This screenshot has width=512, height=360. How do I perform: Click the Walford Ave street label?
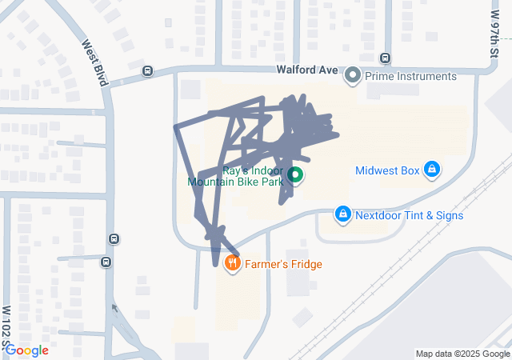pyautogui.click(x=307, y=70)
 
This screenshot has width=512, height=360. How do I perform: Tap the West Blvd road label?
pyautogui.click(x=94, y=64)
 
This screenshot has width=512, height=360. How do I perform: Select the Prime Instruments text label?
pyautogui.click(x=410, y=76)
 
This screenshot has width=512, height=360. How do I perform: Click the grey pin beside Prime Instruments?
pyautogui.click(x=353, y=76)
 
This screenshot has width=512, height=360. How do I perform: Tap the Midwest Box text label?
pyautogui.click(x=387, y=170)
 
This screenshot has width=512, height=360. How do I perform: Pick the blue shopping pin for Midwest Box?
pyautogui.click(x=432, y=170)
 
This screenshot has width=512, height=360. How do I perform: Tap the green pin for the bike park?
pyautogui.click(x=294, y=174)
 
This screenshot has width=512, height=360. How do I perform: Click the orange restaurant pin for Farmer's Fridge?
pyautogui.click(x=233, y=263)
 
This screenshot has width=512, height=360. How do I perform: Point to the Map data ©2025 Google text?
pyautogui.click(x=462, y=354)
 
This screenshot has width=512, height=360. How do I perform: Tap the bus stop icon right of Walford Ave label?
pyautogui.click(x=386, y=58)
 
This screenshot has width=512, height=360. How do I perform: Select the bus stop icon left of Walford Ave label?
pyautogui.click(x=147, y=70)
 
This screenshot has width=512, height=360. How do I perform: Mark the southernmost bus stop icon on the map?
pyautogui.click(x=107, y=261)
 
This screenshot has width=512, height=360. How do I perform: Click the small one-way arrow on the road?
pyautogui.click(x=114, y=308)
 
